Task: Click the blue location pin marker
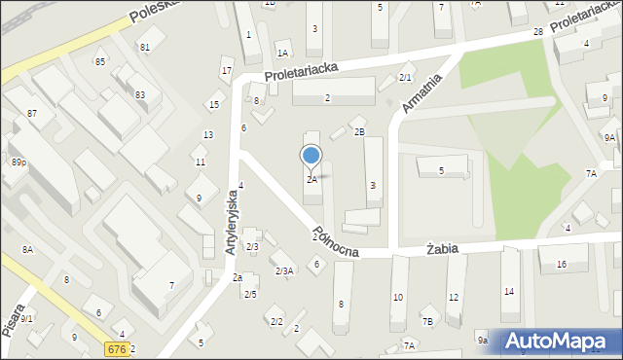click(311, 156)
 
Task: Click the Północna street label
click(336, 244)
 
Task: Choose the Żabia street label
click(442, 249)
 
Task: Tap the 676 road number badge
click(117, 348)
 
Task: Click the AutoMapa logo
click(561, 342)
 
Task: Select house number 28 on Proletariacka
click(537, 33)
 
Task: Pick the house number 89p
click(18, 162)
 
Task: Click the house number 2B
click(359, 131)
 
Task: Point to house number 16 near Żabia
click(561, 265)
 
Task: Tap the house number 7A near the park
click(591, 173)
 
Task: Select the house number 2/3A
click(284, 270)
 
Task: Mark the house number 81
click(145, 47)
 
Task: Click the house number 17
click(227, 71)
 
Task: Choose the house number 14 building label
click(508, 291)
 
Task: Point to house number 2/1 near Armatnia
click(406, 78)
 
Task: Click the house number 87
click(32, 114)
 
